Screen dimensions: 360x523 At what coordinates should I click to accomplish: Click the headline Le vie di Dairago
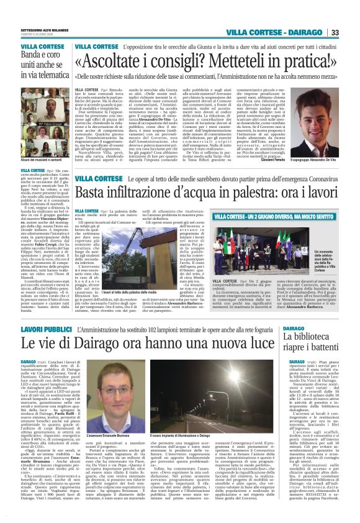pyautogui.click(x=155, y=343)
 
